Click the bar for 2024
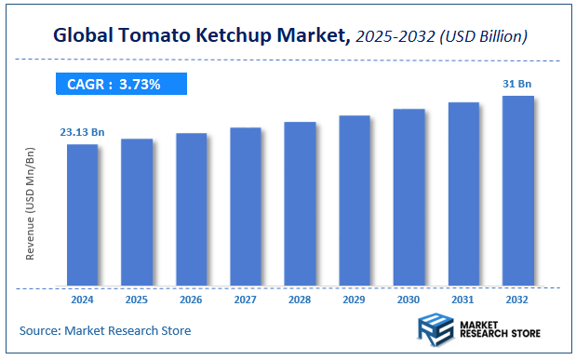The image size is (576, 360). point(82,214)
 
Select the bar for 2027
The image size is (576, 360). point(246,206)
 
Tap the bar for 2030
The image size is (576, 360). point(409,196)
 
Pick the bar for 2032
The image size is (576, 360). point(517,190)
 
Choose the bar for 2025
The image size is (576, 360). point(137,211)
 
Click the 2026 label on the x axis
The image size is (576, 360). point(191,301)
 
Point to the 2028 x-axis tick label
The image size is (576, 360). point(300,301)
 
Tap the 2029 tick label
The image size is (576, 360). point(355,301)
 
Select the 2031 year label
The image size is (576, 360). point(463,301)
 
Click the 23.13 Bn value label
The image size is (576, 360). point(83,133)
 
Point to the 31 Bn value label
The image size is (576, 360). point(517,85)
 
